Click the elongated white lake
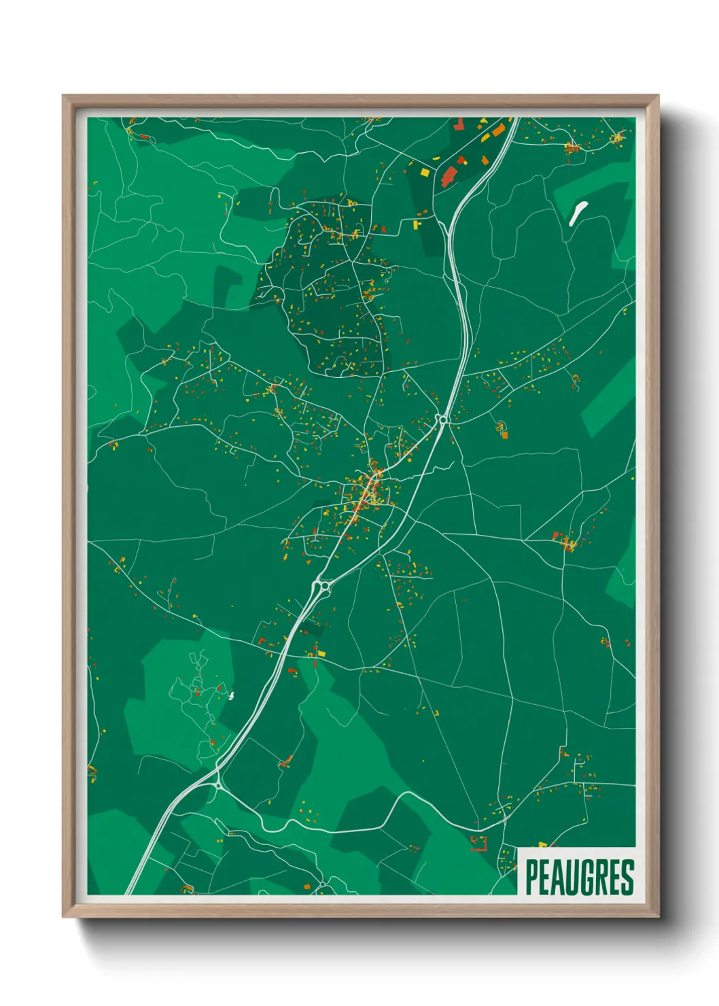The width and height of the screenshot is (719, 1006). click(x=577, y=213)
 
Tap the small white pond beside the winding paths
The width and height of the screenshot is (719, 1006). click(x=232, y=695)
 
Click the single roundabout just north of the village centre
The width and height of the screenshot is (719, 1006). click(x=443, y=420)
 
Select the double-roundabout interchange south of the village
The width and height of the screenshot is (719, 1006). click(x=321, y=585)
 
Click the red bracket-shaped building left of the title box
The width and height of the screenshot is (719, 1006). click(x=480, y=844)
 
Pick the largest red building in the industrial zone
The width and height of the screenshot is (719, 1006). click(x=449, y=175)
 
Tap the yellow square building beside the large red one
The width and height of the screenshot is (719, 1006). click(x=425, y=173)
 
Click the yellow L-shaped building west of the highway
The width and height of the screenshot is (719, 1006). click(x=417, y=224)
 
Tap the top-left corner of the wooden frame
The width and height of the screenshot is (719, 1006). click(x=63, y=96)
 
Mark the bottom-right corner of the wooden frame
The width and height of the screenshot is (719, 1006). click(x=658, y=917)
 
